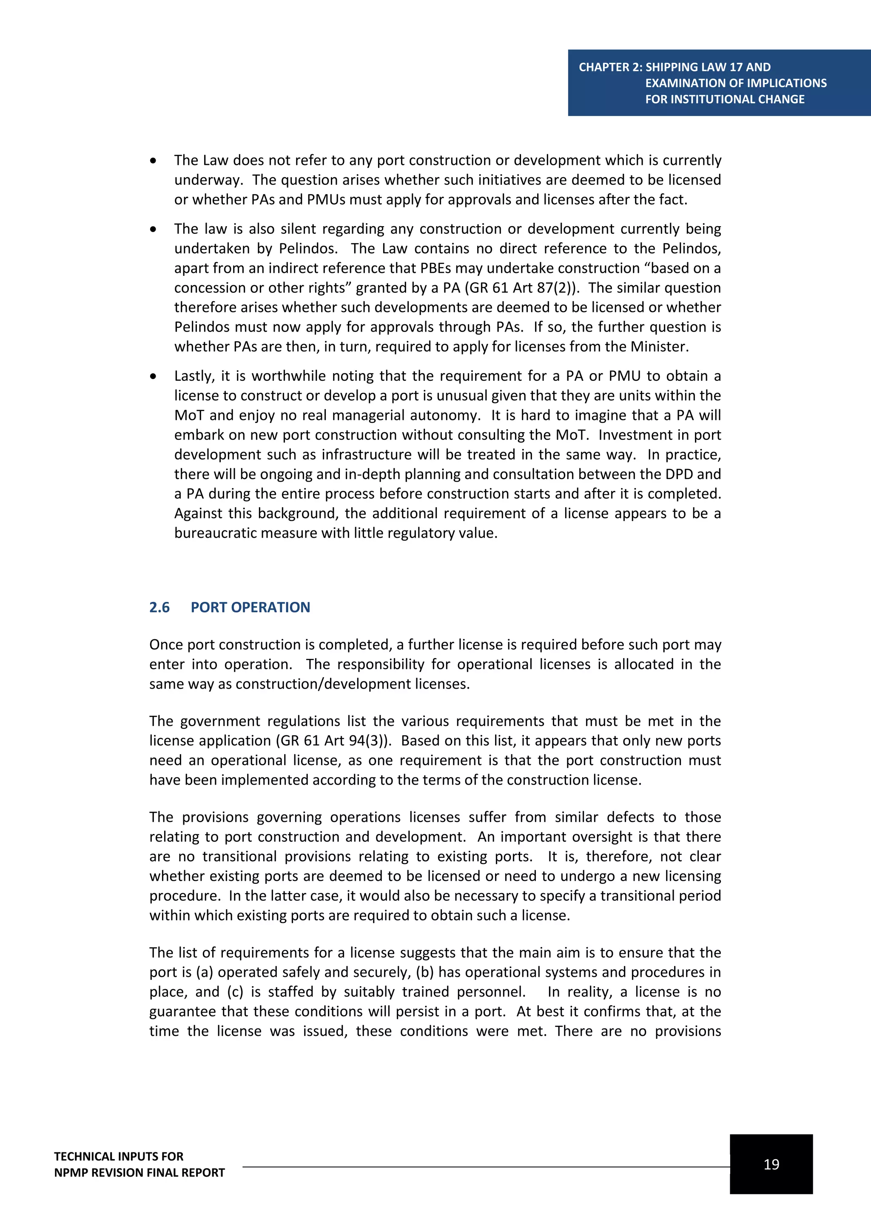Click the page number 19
(x=771, y=1164)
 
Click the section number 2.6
(x=159, y=607)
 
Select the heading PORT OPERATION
(x=250, y=607)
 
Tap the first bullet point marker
(x=154, y=161)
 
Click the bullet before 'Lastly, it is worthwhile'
(x=154, y=376)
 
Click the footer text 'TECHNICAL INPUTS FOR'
(x=119, y=1157)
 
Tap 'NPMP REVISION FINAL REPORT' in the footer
(x=139, y=1173)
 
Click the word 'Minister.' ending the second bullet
(x=659, y=347)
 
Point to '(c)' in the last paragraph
(x=235, y=992)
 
